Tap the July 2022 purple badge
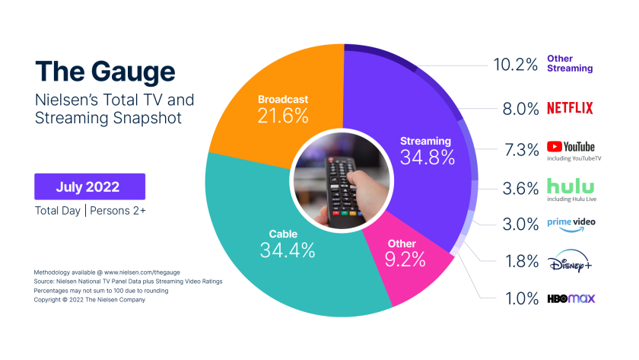pyautogui.click(x=89, y=186)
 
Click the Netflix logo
pyautogui.click(x=570, y=108)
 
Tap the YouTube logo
pyautogui.click(x=570, y=147)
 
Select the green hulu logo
pyautogui.click(x=570, y=186)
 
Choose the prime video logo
pyautogui.click(x=570, y=223)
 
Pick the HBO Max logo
pyautogui.click(x=570, y=299)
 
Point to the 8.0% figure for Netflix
pyautogui.click(x=523, y=108)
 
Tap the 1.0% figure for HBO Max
pyautogui.click(x=523, y=299)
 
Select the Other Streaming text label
pyautogui.click(x=570, y=64)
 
